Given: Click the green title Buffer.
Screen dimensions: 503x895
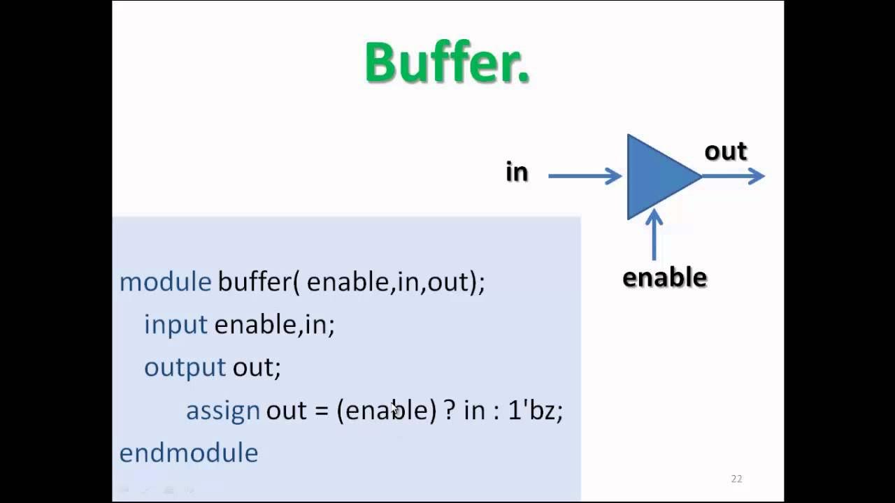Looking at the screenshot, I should pos(447,63).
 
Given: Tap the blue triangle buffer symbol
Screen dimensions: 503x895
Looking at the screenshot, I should pos(657,177).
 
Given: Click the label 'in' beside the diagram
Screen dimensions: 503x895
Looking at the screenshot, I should pos(517,173).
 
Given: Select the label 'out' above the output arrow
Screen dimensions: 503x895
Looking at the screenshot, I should pos(726,151).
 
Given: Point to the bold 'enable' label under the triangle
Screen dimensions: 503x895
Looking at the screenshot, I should pos(664,277).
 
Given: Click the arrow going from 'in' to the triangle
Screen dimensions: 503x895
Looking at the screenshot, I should pos(585,176).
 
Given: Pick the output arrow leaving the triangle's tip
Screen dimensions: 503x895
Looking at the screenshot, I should pos(734,176).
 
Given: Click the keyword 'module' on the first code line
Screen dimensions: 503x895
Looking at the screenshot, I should pos(165,282).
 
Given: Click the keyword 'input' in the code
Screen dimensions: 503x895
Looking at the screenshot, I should pos(176,324).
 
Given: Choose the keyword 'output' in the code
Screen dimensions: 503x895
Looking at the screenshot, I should pos(185,367).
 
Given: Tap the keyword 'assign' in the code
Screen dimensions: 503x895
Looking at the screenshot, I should pos(222,410).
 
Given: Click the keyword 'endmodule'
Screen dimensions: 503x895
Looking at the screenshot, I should pos(189,453).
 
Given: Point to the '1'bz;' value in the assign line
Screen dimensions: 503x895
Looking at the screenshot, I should pos(535,410).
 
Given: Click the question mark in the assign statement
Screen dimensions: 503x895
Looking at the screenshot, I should pos(450,410).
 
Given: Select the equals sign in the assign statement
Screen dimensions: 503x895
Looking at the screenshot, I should pos(321,411).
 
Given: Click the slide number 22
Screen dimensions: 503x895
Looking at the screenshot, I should pos(736,479).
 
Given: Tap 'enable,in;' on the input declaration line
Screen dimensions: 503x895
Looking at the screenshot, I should pos(274,324).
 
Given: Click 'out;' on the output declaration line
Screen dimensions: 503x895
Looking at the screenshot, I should pos(257,367).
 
